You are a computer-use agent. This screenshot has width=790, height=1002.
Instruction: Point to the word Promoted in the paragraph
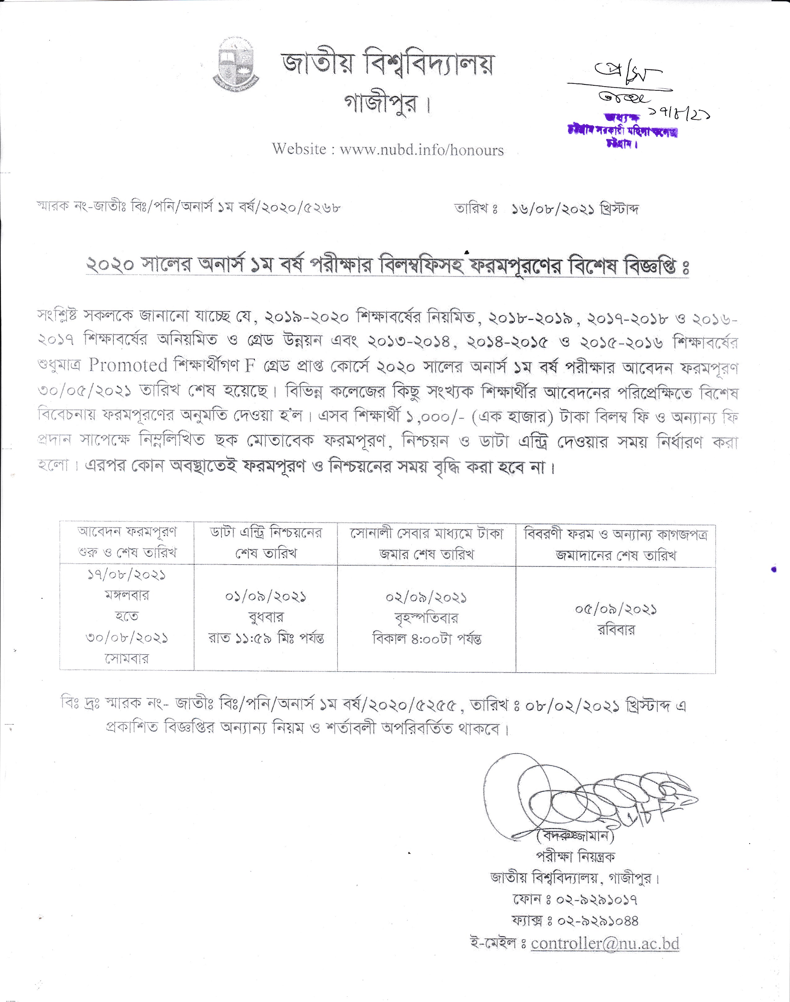click(x=128, y=365)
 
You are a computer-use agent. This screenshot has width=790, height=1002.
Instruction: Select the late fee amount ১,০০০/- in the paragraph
click(x=435, y=417)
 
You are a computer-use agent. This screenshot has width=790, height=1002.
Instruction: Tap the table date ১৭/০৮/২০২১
click(x=126, y=575)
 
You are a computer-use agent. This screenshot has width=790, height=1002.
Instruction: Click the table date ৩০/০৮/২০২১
click(x=126, y=638)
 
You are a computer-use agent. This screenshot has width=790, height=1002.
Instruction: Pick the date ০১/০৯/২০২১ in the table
click(x=266, y=597)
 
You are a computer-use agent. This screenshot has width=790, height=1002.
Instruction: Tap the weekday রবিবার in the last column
click(x=616, y=630)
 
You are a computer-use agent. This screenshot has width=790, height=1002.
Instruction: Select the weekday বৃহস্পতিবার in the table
click(x=426, y=618)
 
